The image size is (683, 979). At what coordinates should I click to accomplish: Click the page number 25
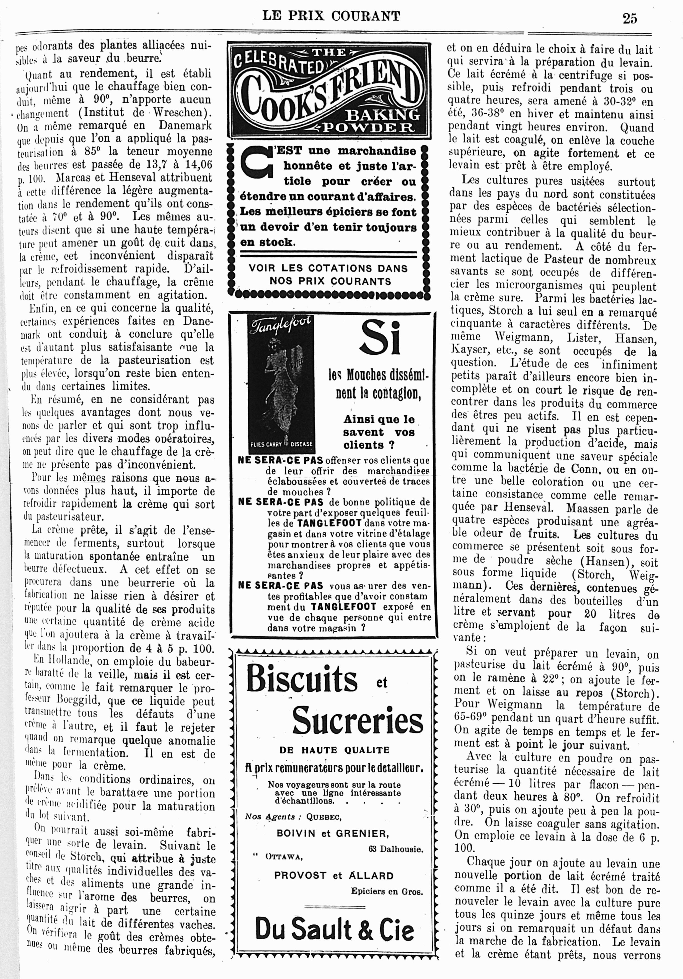click(x=629, y=18)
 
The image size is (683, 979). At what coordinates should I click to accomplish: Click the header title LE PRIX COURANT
click(x=331, y=16)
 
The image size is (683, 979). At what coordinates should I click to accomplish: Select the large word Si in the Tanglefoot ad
click(x=381, y=337)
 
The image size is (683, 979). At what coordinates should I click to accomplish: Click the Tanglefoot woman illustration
click(x=280, y=384)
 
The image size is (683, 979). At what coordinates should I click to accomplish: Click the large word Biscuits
click(x=302, y=678)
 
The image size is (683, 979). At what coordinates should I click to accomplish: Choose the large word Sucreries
click(x=357, y=720)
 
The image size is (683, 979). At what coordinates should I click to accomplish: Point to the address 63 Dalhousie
click(x=396, y=849)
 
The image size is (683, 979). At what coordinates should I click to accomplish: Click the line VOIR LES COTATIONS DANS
click(x=328, y=268)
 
